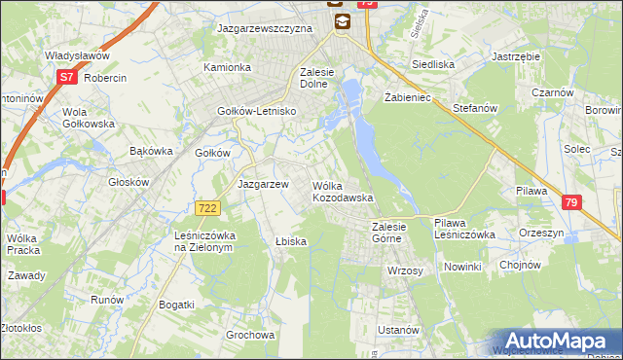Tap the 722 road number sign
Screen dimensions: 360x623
[x=206, y=208]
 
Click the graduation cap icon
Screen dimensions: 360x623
[x=341, y=21]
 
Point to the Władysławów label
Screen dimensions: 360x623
[x=76, y=56]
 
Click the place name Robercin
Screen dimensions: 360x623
[x=106, y=77]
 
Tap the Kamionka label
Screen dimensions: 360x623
[x=227, y=68]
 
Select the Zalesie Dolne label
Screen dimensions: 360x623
[x=325, y=78]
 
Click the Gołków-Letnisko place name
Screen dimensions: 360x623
[x=257, y=112]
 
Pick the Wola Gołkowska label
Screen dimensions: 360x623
[x=74, y=118]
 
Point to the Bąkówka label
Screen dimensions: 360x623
[x=151, y=152]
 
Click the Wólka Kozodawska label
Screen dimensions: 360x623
[x=342, y=192]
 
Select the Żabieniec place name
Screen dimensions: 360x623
[x=408, y=98]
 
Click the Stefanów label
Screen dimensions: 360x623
[x=475, y=108]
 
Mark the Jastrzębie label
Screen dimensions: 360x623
[x=517, y=56]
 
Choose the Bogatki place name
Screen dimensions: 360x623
[x=175, y=306]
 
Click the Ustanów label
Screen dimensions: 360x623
[x=398, y=331]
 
